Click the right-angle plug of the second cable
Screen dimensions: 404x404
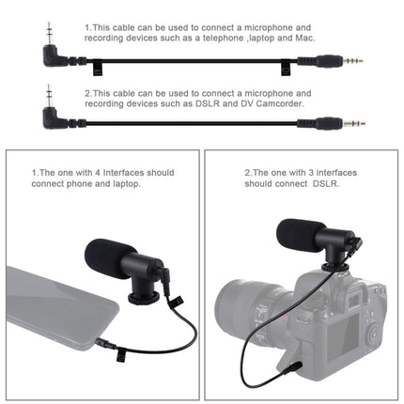point(47,114)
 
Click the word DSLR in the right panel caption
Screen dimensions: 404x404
point(349,185)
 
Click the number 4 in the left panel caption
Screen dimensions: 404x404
point(96,173)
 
